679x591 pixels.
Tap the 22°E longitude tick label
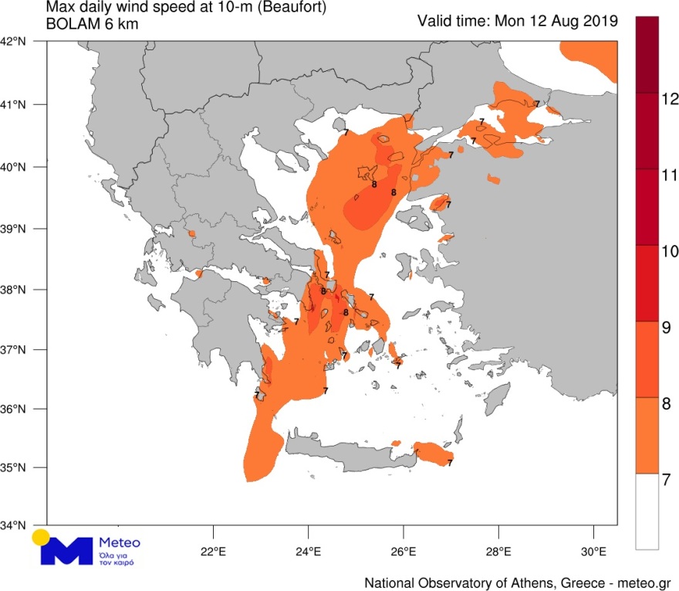click(211, 552)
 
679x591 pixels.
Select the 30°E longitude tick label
click(593, 552)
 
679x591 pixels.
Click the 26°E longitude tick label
click(403, 552)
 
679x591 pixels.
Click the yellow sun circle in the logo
click(41, 538)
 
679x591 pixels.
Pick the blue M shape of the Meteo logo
click(69, 550)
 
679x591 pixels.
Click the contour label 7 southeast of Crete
click(450, 464)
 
